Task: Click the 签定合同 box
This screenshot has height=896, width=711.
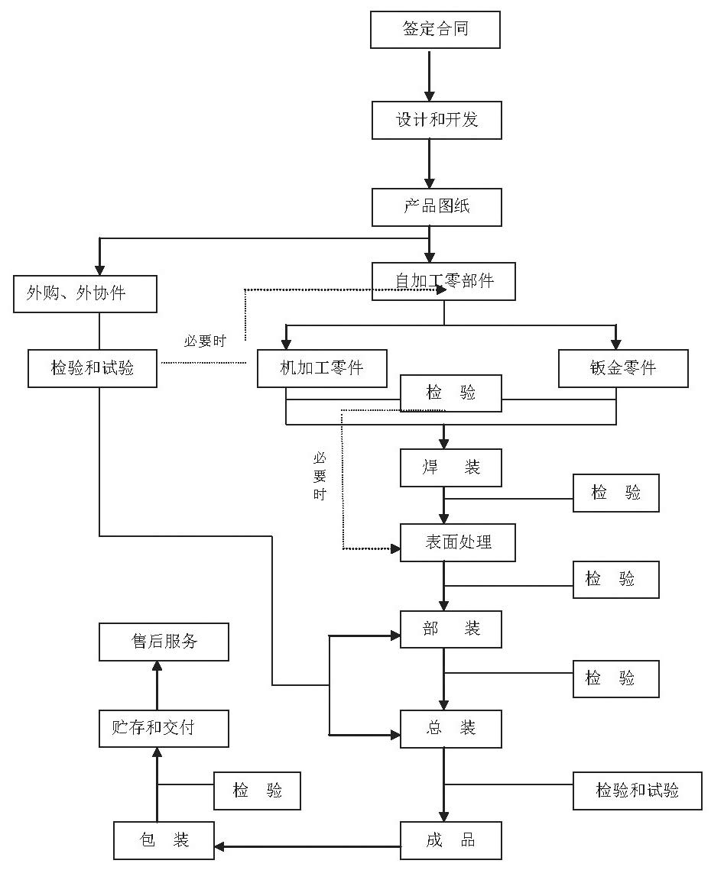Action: (435, 30)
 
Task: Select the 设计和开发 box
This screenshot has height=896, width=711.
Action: (437, 121)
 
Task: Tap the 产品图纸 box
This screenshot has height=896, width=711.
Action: (437, 207)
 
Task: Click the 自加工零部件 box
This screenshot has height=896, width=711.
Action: (443, 281)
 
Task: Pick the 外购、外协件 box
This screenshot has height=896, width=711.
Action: (85, 293)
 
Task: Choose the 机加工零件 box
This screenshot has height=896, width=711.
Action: (322, 368)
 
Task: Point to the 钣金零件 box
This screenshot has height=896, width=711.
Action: (623, 368)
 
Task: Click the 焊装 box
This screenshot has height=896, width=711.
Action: (451, 467)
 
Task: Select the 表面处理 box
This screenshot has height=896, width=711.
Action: (458, 542)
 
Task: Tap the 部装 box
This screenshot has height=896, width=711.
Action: (451, 629)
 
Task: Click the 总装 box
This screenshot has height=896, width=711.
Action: (451, 729)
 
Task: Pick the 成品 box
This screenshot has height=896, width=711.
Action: (451, 840)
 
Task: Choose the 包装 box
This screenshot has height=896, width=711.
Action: (164, 840)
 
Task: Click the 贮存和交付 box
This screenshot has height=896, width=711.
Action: (164, 729)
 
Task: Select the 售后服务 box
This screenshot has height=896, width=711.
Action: (164, 642)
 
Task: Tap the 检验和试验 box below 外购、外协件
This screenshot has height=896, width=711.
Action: (93, 368)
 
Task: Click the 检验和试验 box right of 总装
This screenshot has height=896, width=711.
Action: (637, 791)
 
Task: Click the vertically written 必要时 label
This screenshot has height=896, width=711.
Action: (320, 476)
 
